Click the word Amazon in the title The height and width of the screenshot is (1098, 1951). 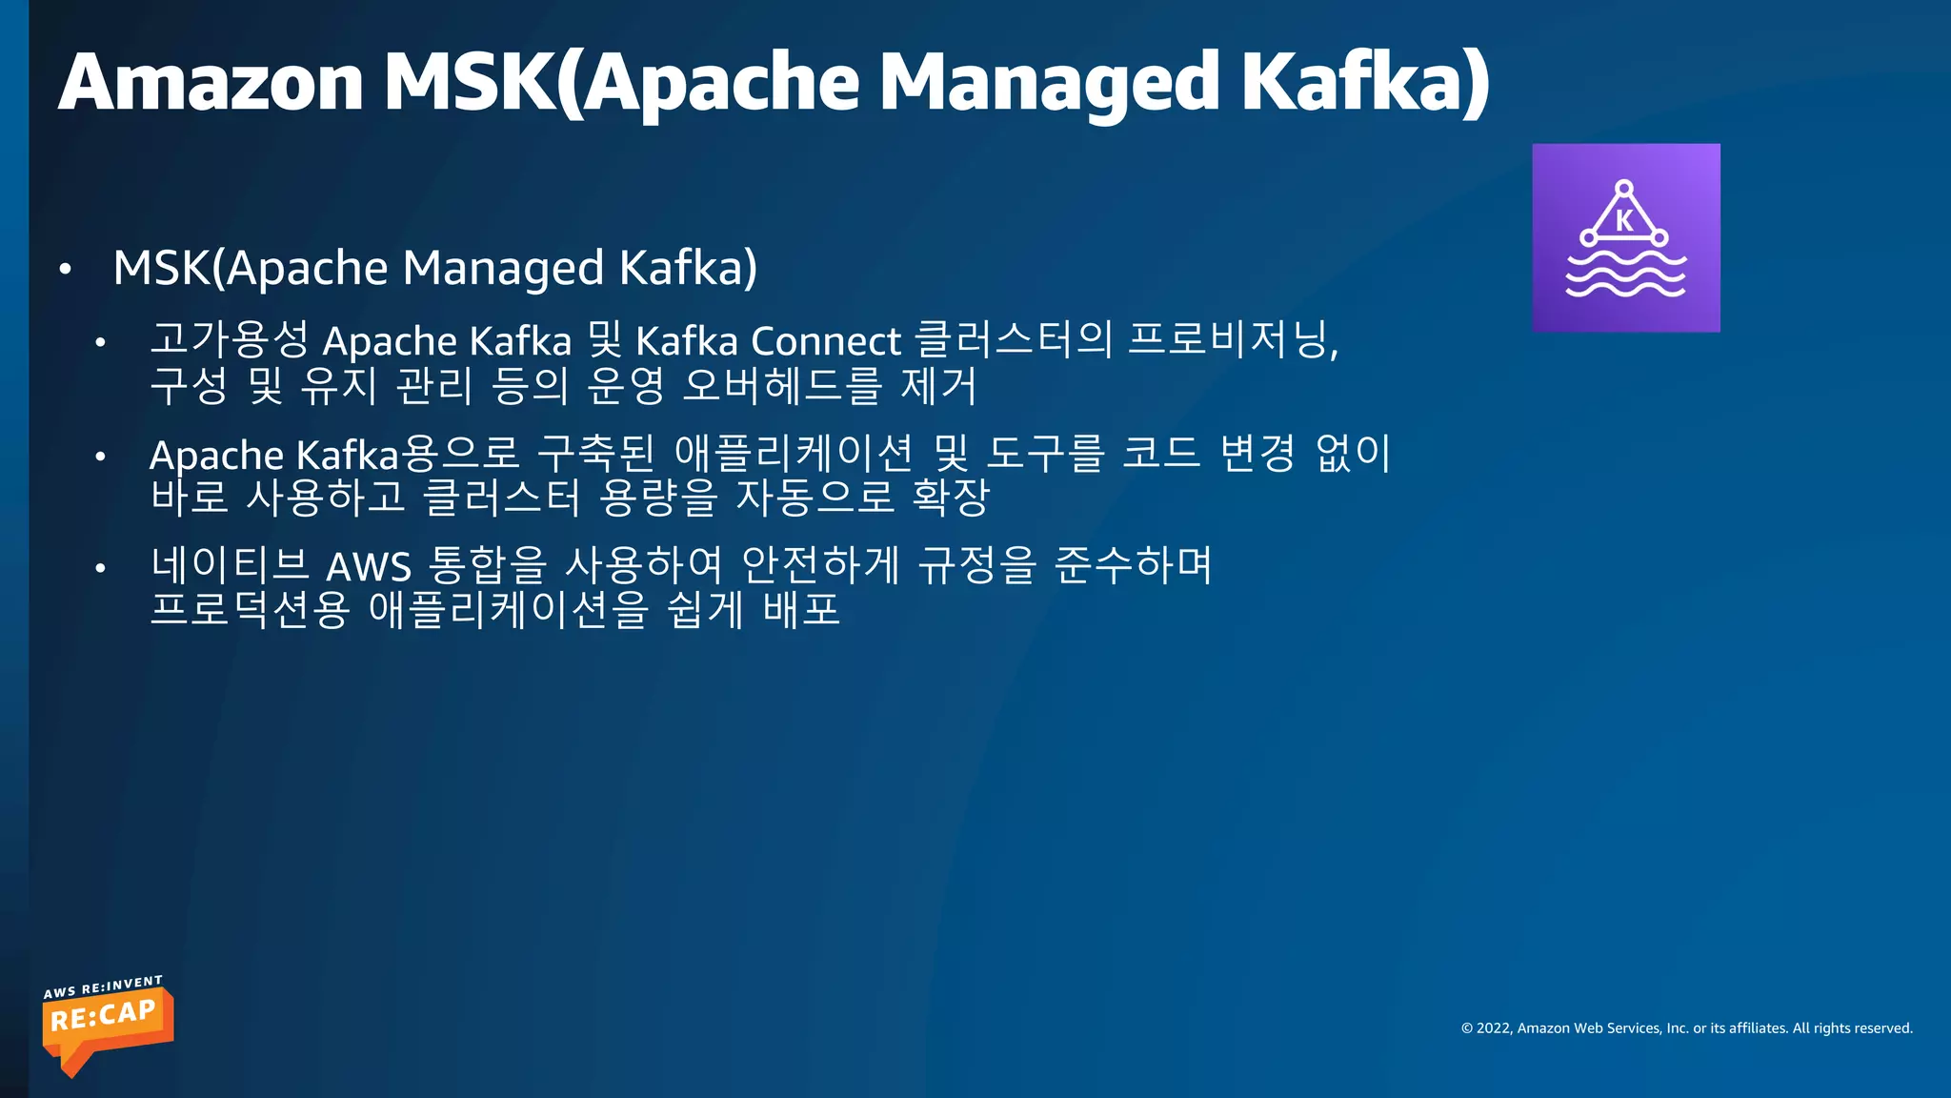click(211, 82)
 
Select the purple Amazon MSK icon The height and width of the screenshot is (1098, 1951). click(1625, 237)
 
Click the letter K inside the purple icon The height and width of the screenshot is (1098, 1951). click(1624, 221)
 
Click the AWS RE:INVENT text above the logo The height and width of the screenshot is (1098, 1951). click(103, 986)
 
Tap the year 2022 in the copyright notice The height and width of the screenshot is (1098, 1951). click(1494, 1028)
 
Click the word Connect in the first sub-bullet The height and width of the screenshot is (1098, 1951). click(825, 341)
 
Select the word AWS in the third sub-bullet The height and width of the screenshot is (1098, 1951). click(369, 567)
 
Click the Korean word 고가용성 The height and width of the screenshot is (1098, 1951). click(229, 339)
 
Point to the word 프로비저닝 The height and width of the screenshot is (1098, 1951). click(1231, 339)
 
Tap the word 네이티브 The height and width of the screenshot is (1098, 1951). click(230, 565)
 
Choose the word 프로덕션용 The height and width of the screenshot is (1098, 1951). click(250, 610)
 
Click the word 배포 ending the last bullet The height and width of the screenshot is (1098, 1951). click(802, 610)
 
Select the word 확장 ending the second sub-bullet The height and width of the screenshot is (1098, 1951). click(951, 497)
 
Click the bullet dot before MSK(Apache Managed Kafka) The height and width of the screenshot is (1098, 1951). click(65, 270)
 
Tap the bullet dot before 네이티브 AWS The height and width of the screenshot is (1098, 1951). click(100, 569)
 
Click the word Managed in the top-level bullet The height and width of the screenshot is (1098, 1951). click(503, 268)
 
